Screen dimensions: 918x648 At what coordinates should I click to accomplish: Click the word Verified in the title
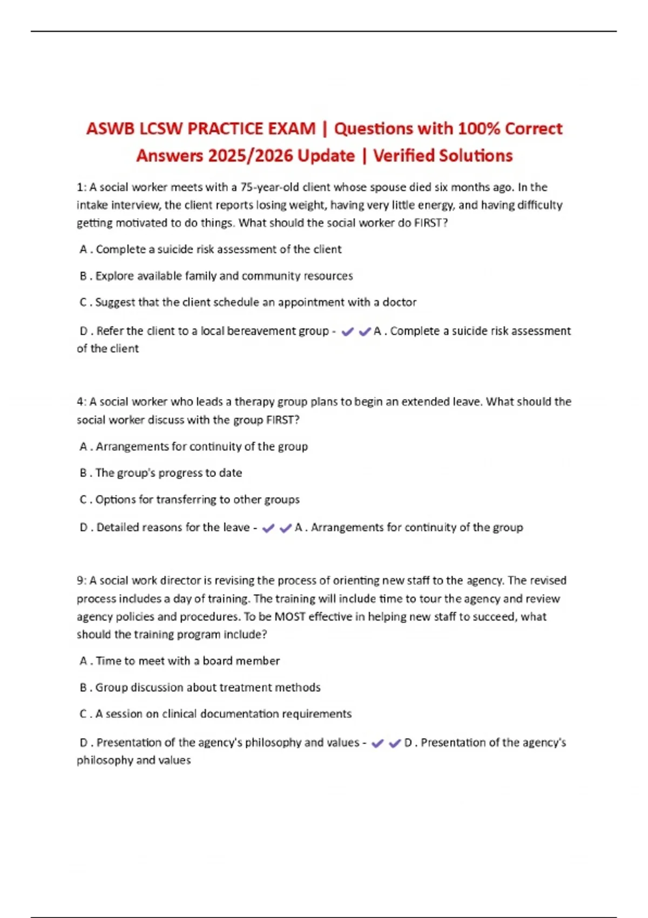point(402,156)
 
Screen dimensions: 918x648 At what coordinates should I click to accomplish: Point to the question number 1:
point(82,187)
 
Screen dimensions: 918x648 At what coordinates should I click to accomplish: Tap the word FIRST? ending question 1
point(431,222)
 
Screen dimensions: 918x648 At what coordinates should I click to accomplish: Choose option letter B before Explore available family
point(84,276)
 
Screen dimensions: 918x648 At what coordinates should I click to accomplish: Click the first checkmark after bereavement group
point(348,332)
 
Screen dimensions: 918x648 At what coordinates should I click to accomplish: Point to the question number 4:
point(82,402)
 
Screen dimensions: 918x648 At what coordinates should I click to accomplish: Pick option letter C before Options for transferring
point(84,500)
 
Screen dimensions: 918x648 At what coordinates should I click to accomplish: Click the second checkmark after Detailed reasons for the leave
point(286,528)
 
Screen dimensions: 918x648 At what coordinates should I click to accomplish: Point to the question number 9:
point(82,580)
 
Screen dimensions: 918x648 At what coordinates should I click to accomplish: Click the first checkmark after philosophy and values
point(377,744)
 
